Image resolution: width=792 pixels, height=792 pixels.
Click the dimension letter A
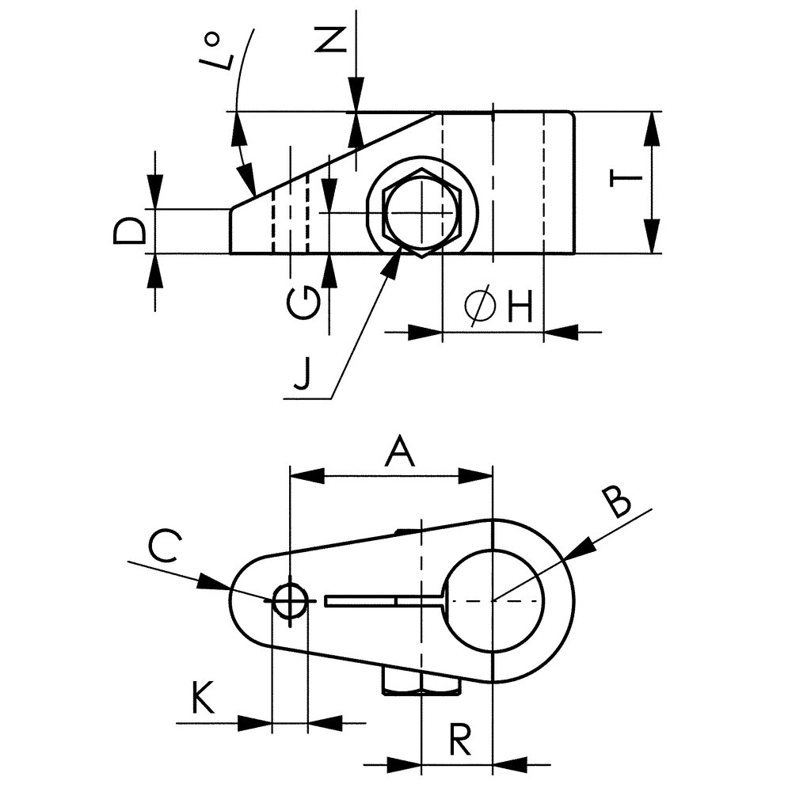click(x=400, y=452)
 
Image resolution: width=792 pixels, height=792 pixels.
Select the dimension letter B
click(x=617, y=502)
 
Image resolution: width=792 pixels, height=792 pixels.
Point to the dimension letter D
click(x=129, y=231)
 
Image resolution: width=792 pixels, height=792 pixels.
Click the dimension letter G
click(x=303, y=304)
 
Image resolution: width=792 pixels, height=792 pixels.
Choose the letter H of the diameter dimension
click(x=520, y=307)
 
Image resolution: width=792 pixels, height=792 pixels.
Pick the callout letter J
click(x=301, y=373)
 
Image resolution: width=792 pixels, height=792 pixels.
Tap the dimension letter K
click(x=203, y=698)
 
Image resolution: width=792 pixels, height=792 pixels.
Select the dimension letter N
click(x=330, y=40)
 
